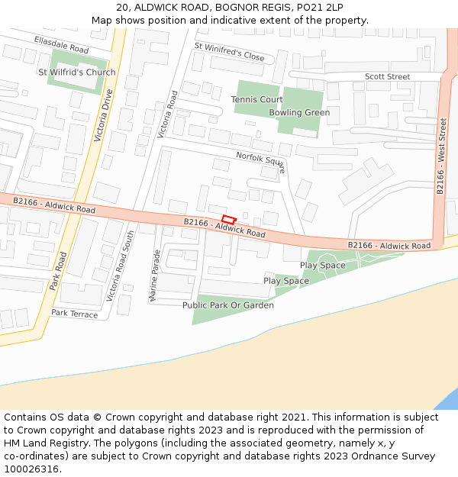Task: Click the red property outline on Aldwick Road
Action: tap(228, 220)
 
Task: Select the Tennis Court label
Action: tap(257, 100)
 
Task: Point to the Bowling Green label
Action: tap(299, 113)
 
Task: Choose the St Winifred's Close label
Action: tap(229, 51)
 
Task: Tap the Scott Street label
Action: tap(387, 77)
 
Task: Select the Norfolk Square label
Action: tap(260, 160)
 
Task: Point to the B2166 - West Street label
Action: tap(442, 156)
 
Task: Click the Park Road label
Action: tap(58, 271)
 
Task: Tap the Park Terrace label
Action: tap(75, 314)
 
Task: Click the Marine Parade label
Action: tap(156, 275)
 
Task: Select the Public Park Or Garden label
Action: tap(228, 305)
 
